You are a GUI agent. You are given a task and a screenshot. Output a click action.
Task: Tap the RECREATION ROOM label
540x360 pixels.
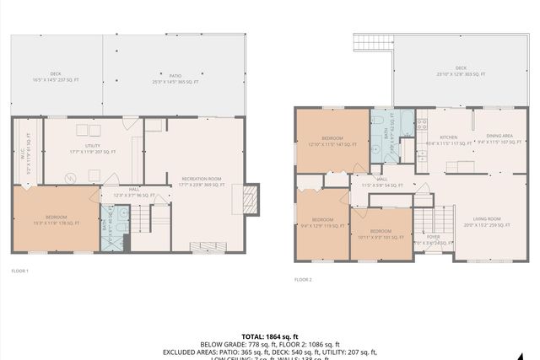click(201, 180)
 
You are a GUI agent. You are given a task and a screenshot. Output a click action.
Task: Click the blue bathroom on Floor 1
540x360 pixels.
click(112, 225)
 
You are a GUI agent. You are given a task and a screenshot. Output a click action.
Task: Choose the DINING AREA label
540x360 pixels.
click(494, 138)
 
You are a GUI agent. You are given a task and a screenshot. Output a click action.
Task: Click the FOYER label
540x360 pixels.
click(433, 239)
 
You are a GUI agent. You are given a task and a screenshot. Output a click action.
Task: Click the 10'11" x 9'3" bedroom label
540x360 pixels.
click(380, 234)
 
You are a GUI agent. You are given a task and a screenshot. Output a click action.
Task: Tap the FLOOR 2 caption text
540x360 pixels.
click(303, 278)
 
